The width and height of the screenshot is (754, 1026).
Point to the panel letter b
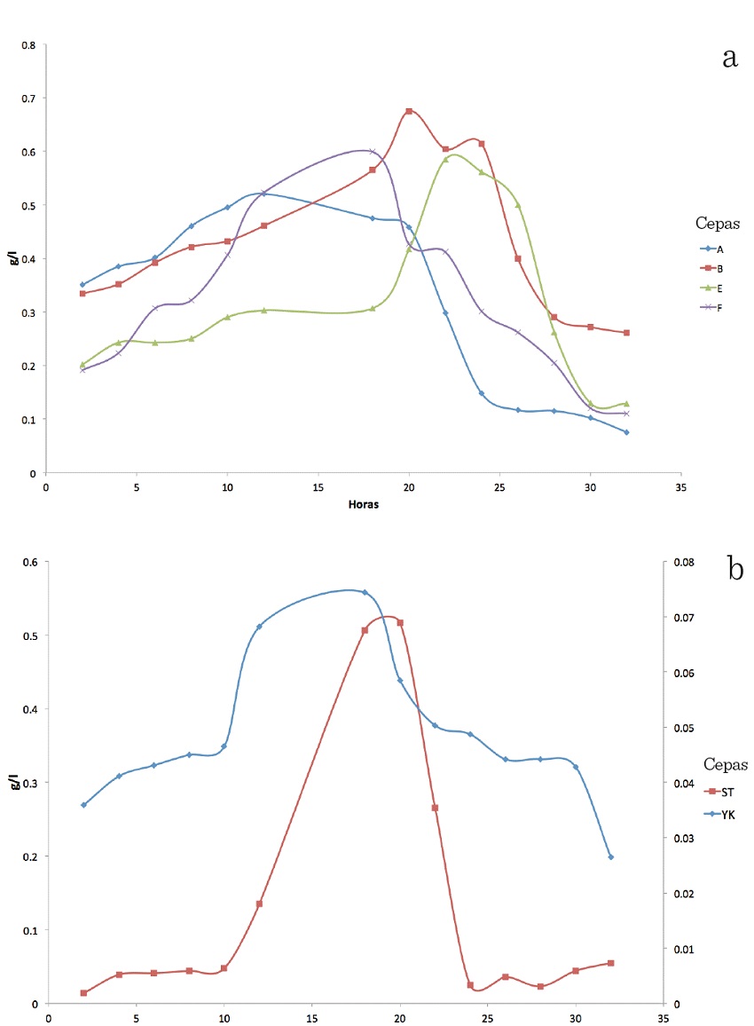[x=735, y=567]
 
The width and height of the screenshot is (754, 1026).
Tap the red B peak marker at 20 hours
[x=409, y=111]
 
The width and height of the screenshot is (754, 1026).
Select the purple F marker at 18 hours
[x=373, y=152]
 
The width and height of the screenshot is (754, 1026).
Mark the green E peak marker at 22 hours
[x=445, y=160]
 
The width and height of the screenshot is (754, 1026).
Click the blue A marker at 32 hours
[x=626, y=432]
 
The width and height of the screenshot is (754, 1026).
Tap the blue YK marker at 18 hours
[x=365, y=592]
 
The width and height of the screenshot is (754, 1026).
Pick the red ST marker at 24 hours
[x=470, y=985]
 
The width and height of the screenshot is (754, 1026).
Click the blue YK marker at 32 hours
[x=611, y=856]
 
